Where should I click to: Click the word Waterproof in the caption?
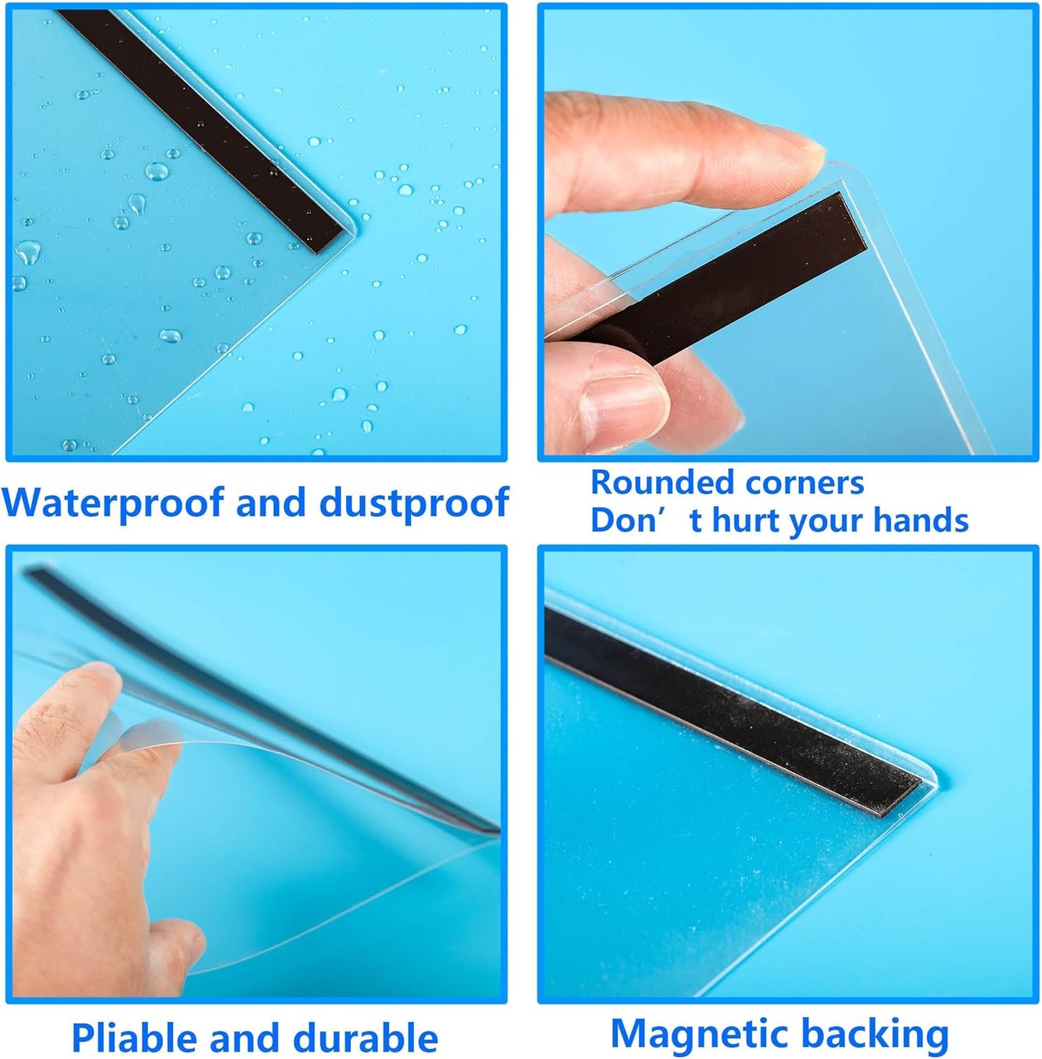click(112, 502)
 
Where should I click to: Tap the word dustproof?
click(414, 502)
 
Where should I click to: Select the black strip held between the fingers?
click(731, 280)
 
